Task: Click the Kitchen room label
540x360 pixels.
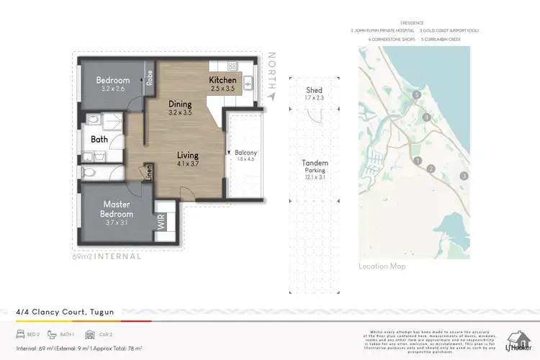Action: click(222, 79)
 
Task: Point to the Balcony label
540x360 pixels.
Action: click(246, 153)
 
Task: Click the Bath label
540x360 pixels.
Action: click(99, 140)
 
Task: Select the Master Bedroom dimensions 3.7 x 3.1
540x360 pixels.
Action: click(116, 224)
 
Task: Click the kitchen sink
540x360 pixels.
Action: click(248, 84)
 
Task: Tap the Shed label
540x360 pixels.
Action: click(314, 90)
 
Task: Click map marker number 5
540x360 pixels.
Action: click(416, 94)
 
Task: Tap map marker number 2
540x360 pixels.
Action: click(431, 168)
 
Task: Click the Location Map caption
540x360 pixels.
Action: click(382, 266)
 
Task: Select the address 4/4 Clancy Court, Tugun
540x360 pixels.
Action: click(65, 312)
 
